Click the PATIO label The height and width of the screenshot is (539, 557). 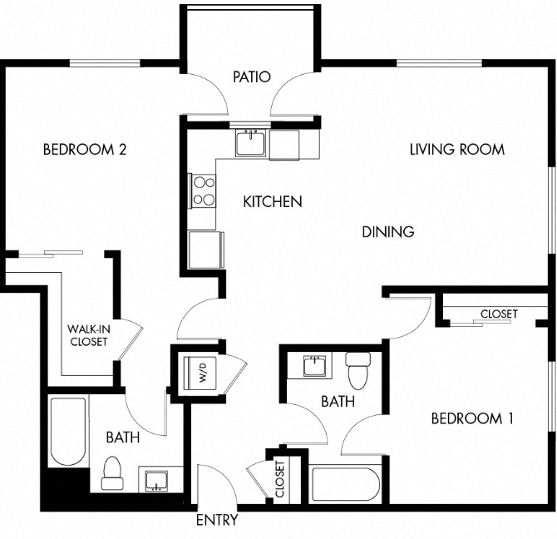tap(251, 77)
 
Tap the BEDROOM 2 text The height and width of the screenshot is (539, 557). tap(84, 150)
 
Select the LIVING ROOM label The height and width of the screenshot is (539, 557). tap(456, 150)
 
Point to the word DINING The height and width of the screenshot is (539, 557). tap(387, 232)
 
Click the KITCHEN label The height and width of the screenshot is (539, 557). tap(272, 201)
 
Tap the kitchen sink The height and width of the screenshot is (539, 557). tap(249, 144)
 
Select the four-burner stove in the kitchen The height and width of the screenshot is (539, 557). tap(202, 190)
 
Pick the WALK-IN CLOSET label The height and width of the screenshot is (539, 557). tap(88, 335)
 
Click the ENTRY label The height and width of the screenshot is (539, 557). tap(217, 521)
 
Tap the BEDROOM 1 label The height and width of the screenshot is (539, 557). tap(471, 418)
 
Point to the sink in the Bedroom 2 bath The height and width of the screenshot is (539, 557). tap(155, 480)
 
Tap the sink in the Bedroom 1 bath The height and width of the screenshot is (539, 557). tap(314, 366)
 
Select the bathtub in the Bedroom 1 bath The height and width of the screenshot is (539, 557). tap(346, 485)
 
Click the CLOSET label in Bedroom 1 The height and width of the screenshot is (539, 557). tap(498, 314)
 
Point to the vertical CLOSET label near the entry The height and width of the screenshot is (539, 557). tap(279, 479)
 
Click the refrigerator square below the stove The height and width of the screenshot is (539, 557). tap(205, 250)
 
